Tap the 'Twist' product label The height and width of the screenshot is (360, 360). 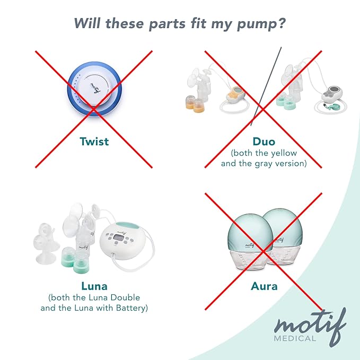click(94, 141)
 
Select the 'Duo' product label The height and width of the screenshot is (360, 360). click(264, 141)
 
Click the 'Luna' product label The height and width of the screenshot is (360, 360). click(94, 286)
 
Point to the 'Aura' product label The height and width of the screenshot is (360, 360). click(264, 286)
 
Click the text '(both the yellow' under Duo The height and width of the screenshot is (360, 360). click(264, 153)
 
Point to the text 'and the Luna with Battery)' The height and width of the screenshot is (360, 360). click(94, 308)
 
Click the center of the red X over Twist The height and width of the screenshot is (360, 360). click(94, 109)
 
